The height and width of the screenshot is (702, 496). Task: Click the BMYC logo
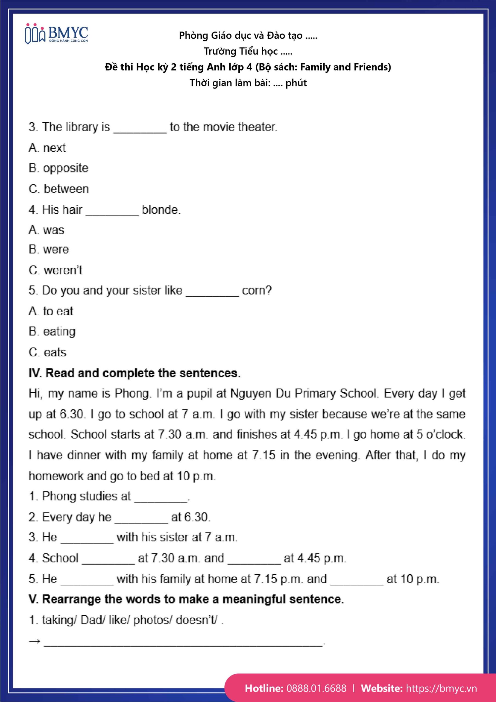[x=56, y=34]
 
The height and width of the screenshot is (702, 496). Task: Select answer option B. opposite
[x=58, y=168]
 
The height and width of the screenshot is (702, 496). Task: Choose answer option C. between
[x=59, y=189]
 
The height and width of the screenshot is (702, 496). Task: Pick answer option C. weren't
[x=56, y=270]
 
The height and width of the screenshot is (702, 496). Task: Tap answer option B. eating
[x=52, y=332]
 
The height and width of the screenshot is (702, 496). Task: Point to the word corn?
[x=257, y=290]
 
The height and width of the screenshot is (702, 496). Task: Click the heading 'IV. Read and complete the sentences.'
[x=135, y=373]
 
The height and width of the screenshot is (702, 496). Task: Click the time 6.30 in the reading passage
[x=72, y=414]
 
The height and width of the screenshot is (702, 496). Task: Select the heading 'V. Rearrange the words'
[x=186, y=599]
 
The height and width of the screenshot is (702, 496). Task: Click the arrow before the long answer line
[x=34, y=641]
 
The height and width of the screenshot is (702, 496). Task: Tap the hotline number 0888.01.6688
[x=316, y=688]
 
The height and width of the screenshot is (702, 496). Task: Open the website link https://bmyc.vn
[x=441, y=688]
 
